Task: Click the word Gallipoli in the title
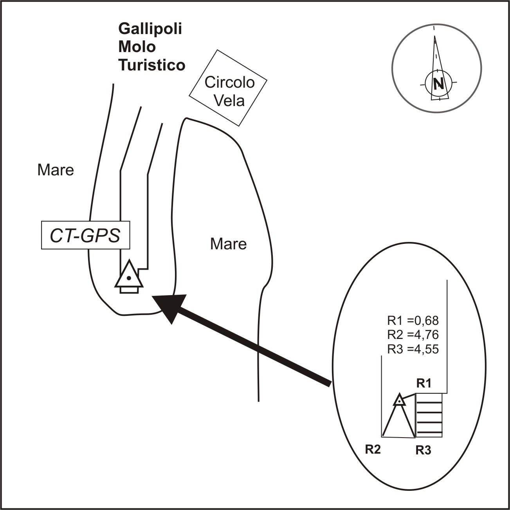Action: point(150,29)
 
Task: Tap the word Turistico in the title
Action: point(152,65)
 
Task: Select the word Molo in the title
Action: point(137,47)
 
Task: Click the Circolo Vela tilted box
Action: point(228,88)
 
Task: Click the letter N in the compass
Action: point(438,83)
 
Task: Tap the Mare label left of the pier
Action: point(56,170)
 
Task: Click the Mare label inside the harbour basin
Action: point(228,244)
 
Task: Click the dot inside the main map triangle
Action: point(128,278)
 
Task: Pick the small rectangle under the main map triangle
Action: point(129,290)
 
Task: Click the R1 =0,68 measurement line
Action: point(413,321)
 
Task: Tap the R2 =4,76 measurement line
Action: point(413,335)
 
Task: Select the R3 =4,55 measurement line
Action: point(413,349)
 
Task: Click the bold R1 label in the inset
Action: point(423,384)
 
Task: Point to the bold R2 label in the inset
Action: point(373,449)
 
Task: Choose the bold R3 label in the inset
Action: point(423,451)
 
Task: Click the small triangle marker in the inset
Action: point(399,400)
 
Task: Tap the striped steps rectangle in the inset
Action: point(429,415)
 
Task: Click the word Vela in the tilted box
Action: point(230,101)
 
